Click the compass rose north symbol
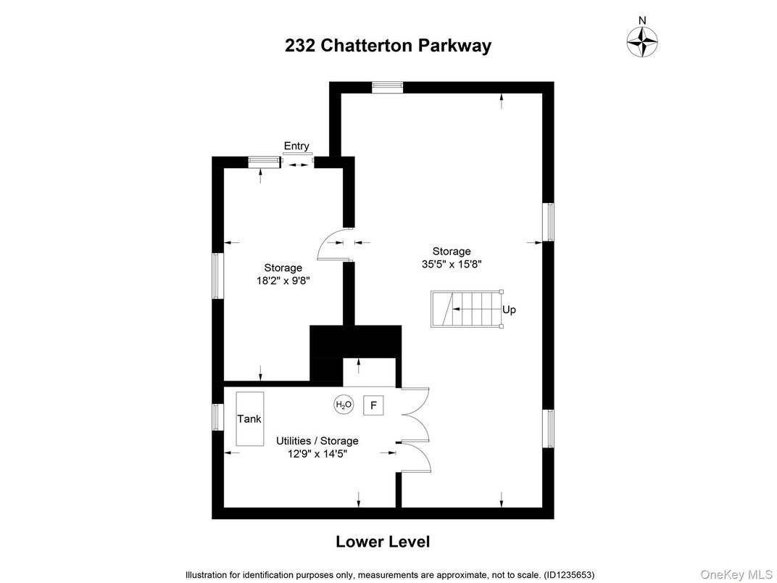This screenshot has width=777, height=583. pos(641,41)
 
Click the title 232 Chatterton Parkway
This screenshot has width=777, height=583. pos(388,46)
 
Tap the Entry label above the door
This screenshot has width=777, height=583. pos(296,146)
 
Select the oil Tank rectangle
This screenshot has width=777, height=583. pos(249,419)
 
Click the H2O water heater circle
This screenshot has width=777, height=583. pos(344,405)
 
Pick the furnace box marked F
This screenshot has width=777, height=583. pos(373,405)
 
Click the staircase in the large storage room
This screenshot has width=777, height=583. pos(466,310)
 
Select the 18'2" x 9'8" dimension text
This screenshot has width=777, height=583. pos(283,281)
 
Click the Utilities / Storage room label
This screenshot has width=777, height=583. pos(317,441)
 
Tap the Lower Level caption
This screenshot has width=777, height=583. pos(383,542)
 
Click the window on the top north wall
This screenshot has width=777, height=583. pos(387,87)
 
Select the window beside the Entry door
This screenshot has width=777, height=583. pos(264,163)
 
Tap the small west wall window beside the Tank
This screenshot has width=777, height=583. pos(217,417)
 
